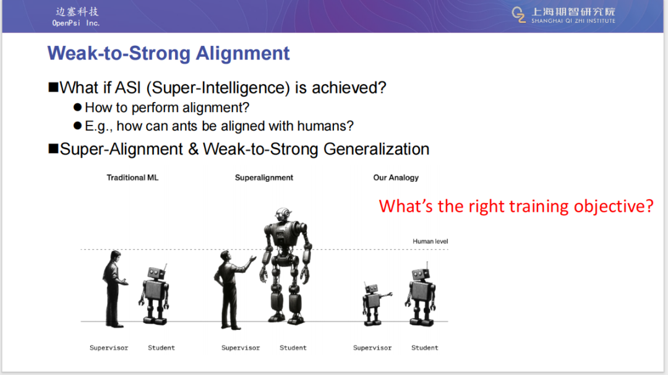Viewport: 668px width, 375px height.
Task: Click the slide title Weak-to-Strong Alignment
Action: (x=168, y=53)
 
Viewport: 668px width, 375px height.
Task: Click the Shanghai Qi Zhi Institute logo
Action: (x=563, y=15)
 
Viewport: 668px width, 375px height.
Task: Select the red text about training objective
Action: (x=516, y=206)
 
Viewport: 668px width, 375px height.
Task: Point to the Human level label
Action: (x=430, y=241)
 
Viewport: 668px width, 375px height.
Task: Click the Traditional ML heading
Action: (x=132, y=178)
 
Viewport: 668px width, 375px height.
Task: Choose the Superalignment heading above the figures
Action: (x=264, y=178)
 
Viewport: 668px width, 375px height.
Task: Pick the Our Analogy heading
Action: (x=396, y=178)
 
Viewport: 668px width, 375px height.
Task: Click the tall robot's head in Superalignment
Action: (x=283, y=214)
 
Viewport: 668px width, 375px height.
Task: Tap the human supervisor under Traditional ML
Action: (x=113, y=289)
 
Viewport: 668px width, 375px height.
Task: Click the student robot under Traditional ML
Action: (x=154, y=295)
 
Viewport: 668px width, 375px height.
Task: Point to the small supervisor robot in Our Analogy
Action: (x=375, y=304)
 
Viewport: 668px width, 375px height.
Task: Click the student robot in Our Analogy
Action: (x=421, y=295)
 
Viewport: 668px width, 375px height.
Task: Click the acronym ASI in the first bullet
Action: (x=128, y=88)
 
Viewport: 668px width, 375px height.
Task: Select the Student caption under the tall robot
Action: (x=293, y=348)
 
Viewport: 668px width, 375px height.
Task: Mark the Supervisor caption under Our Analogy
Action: (x=372, y=348)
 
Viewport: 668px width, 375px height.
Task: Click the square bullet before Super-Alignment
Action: (x=53, y=149)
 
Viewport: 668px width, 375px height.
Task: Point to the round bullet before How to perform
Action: (x=77, y=107)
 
